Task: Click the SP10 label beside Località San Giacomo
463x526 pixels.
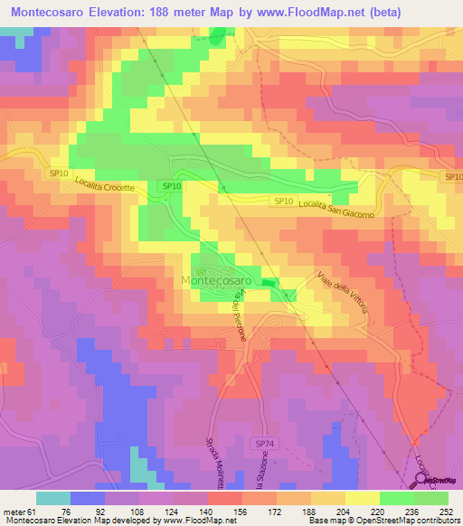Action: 283,201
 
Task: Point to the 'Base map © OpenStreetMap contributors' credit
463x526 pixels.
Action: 381,520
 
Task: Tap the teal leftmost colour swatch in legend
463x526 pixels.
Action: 53,498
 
